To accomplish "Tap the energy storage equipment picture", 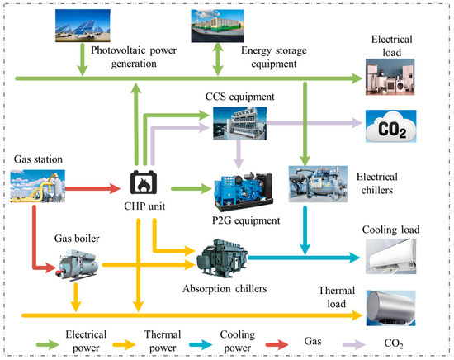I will pos(220,25).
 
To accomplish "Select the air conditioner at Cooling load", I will pos(391,256).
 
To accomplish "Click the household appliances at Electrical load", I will pos(391,78).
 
